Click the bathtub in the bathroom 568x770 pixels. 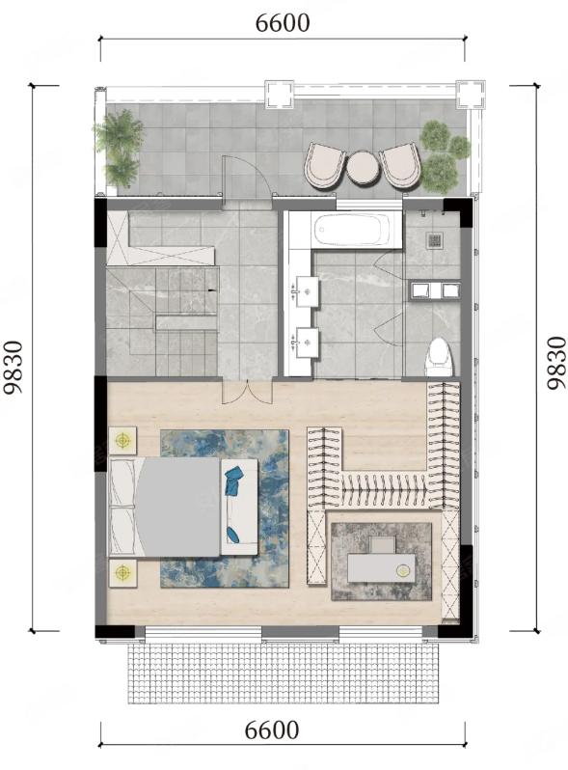(x=351, y=230)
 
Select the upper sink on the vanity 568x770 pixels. (x=306, y=291)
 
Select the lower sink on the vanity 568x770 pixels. (x=306, y=343)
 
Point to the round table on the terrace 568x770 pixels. (x=363, y=168)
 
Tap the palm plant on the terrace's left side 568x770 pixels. (x=118, y=148)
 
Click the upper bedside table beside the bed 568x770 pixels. (x=122, y=440)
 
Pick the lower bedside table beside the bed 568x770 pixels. (x=122, y=572)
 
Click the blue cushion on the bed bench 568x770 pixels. (x=234, y=480)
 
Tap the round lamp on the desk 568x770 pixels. (x=403, y=570)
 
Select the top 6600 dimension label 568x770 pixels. (x=283, y=23)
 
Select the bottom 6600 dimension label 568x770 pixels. (x=272, y=730)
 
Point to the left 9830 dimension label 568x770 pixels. (x=13, y=368)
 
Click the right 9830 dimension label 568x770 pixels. (x=556, y=363)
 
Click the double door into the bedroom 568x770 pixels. (x=247, y=392)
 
